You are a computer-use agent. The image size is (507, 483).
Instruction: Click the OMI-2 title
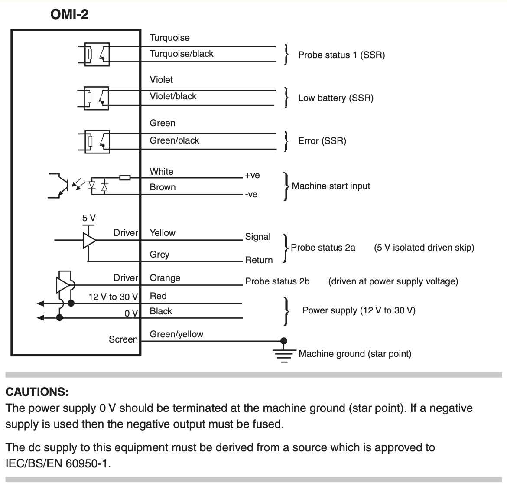click(x=70, y=15)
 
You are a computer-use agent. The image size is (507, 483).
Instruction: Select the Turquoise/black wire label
click(x=181, y=54)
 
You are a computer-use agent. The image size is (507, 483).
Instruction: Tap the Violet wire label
click(x=161, y=80)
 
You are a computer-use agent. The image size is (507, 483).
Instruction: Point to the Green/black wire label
click(x=174, y=140)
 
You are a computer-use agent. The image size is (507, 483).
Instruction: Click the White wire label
click(x=161, y=172)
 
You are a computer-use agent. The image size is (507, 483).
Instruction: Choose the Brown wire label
click(x=162, y=187)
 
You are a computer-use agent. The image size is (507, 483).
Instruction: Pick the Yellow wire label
click(x=162, y=233)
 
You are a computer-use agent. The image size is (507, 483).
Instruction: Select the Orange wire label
click(x=165, y=278)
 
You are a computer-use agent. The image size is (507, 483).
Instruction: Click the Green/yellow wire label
click(x=176, y=334)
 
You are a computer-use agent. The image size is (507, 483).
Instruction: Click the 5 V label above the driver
click(x=89, y=218)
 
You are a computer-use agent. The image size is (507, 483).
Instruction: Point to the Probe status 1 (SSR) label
click(x=341, y=55)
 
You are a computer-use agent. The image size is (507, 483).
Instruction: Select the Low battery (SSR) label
click(x=335, y=98)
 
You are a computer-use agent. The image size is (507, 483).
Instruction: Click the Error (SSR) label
click(x=322, y=141)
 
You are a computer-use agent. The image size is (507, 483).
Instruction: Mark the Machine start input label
click(x=331, y=186)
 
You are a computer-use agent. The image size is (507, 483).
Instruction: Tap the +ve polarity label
click(x=252, y=175)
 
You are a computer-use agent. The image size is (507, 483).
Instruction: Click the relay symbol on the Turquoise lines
click(x=97, y=54)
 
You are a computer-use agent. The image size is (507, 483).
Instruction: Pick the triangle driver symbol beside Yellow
click(x=89, y=240)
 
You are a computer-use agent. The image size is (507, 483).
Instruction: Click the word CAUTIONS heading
click(x=37, y=392)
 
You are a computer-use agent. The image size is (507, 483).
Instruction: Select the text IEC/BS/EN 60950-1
click(x=58, y=463)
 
